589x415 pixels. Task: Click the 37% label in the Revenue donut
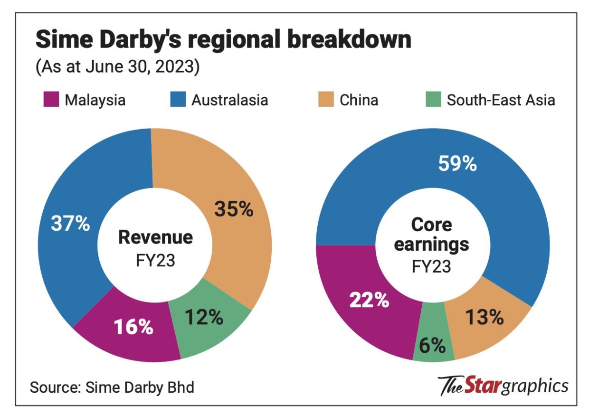[x=70, y=223]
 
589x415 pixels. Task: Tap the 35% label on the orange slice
[x=234, y=209]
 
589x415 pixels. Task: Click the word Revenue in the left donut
[x=155, y=237]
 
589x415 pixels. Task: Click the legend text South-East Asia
[x=501, y=100]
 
